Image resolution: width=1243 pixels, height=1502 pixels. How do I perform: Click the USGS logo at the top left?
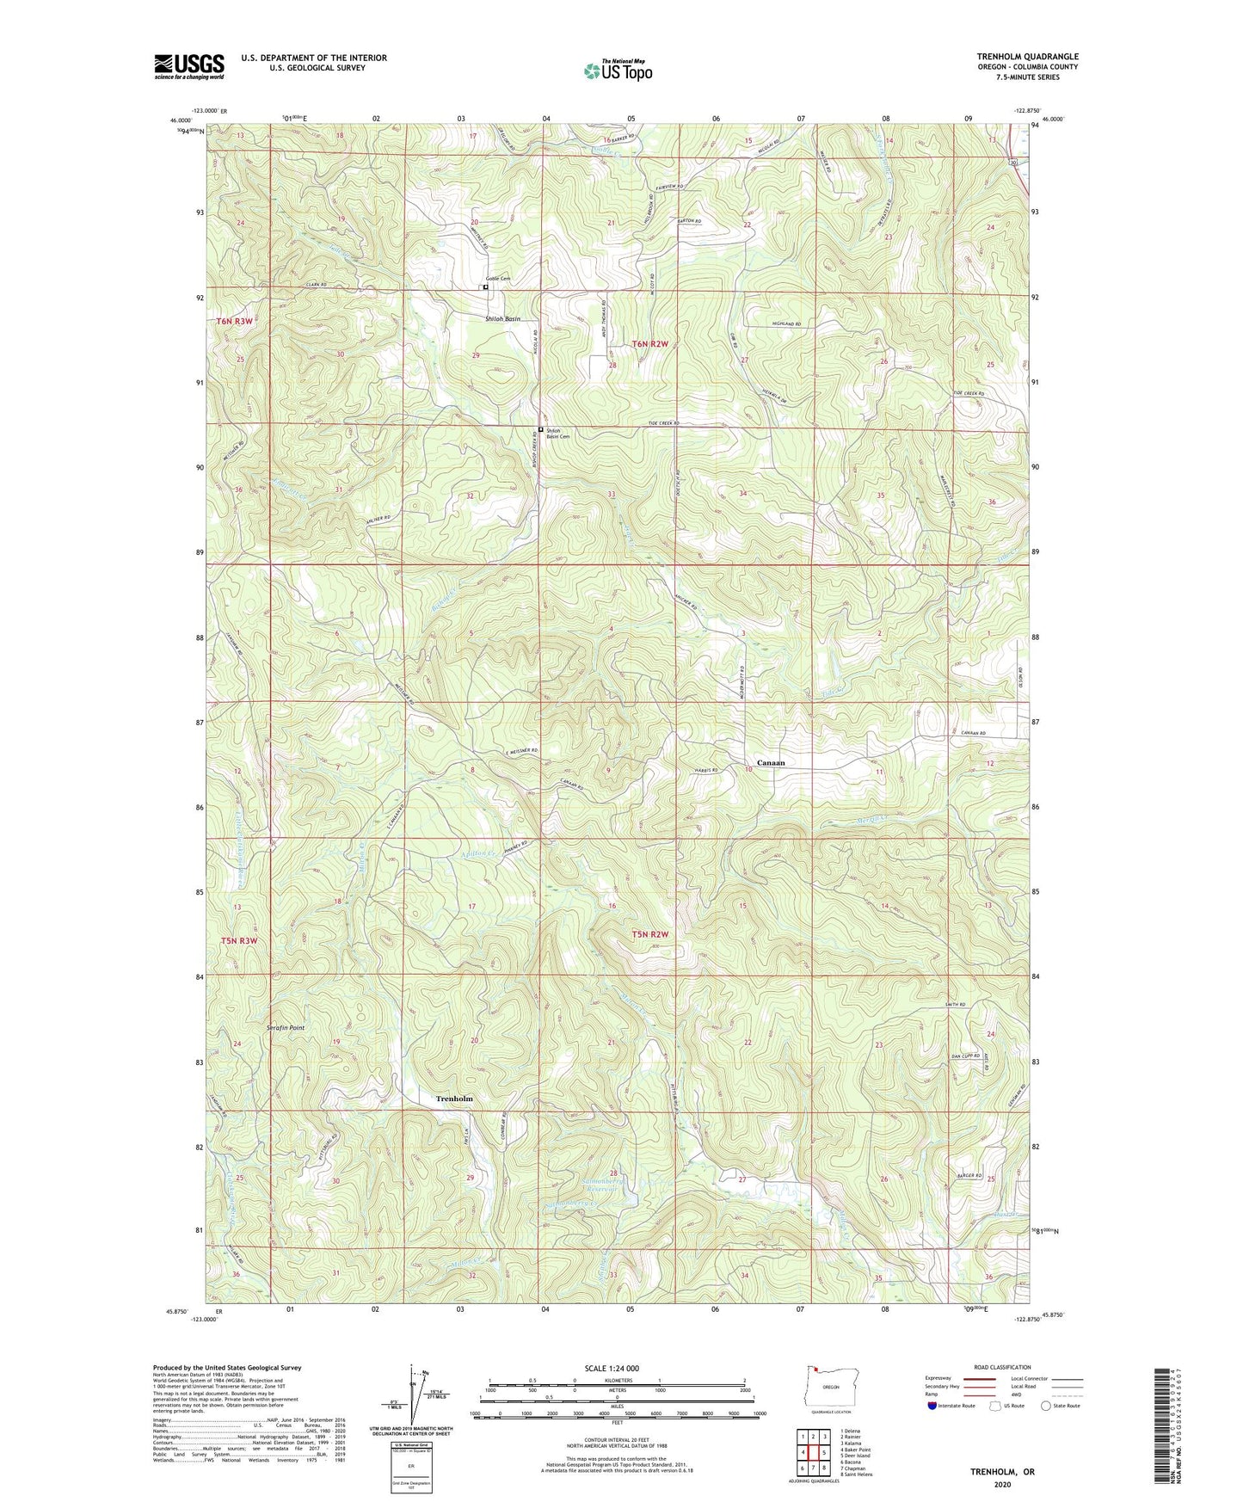click(x=188, y=66)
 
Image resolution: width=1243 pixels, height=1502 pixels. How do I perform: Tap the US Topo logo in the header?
click(x=618, y=71)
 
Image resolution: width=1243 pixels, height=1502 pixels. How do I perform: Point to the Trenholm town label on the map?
click(x=454, y=1099)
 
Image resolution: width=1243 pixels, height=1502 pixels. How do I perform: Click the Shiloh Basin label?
click(x=502, y=318)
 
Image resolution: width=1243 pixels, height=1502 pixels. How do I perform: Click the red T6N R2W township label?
click(x=650, y=344)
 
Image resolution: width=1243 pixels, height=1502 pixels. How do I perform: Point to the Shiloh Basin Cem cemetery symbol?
click(x=540, y=430)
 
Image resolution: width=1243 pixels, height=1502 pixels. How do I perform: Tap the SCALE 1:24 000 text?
click(x=618, y=1369)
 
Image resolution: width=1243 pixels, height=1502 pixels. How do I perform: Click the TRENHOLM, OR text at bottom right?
click(x=1002, y=1472)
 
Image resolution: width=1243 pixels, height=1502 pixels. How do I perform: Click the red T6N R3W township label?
click(x=234, y=321)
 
